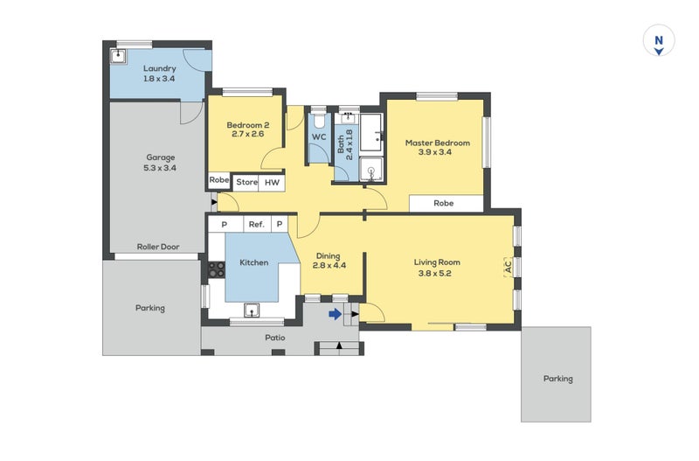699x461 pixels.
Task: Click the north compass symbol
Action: [x=659, y=41]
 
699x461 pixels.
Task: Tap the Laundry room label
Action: [x=160, y=69]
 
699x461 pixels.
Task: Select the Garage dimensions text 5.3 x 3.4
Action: [x=160, y=168]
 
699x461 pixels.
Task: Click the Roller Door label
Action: [x=158, y=247]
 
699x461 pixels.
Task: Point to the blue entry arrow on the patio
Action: [x=336, y=315]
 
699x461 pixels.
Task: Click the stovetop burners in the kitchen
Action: [x=217, y=269]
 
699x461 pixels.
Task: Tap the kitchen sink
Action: [x=252, y=311]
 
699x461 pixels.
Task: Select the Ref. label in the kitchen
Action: [x=256, y=225]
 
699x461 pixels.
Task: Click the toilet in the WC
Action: [x=319, y=121]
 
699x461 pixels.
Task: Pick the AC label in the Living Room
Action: [x=508, y=267]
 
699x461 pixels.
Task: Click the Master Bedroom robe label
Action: [x=444, y=204]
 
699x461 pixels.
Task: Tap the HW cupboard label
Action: [x=272, y=183]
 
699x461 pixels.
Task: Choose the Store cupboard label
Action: [x=246, y=182]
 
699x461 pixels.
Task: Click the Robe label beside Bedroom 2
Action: [x=219, y=180]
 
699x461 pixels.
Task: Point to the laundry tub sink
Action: [x=118, y=56]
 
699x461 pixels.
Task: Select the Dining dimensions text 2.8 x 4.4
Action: [x=329, y=266]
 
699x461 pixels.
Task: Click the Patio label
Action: [x=275, y=338]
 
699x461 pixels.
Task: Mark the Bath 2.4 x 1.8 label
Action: [x=344, y=144]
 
